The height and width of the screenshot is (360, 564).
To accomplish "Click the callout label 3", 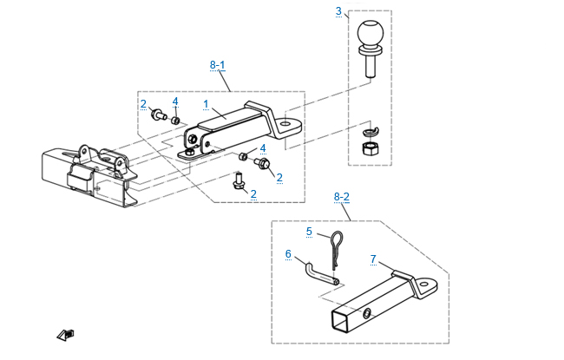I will (x=338, y=11).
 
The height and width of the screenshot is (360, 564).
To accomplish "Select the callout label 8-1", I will (x=218, y=65).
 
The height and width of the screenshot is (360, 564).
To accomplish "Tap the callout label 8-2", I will (x=342, y=198).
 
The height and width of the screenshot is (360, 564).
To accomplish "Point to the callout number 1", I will (x=206, y=103).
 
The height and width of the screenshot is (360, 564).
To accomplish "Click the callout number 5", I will (x=309, y=232).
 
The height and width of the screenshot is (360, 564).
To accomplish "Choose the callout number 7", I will (x=373, y=259).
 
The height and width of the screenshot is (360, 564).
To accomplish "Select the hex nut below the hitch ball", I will (x=369, y=151).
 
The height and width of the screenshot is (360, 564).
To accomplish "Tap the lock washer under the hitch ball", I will (x=370, y=132).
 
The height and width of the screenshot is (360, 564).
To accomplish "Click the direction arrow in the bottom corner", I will (x=64, y=335).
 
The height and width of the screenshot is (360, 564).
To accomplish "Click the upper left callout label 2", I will (x=143, y=104).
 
